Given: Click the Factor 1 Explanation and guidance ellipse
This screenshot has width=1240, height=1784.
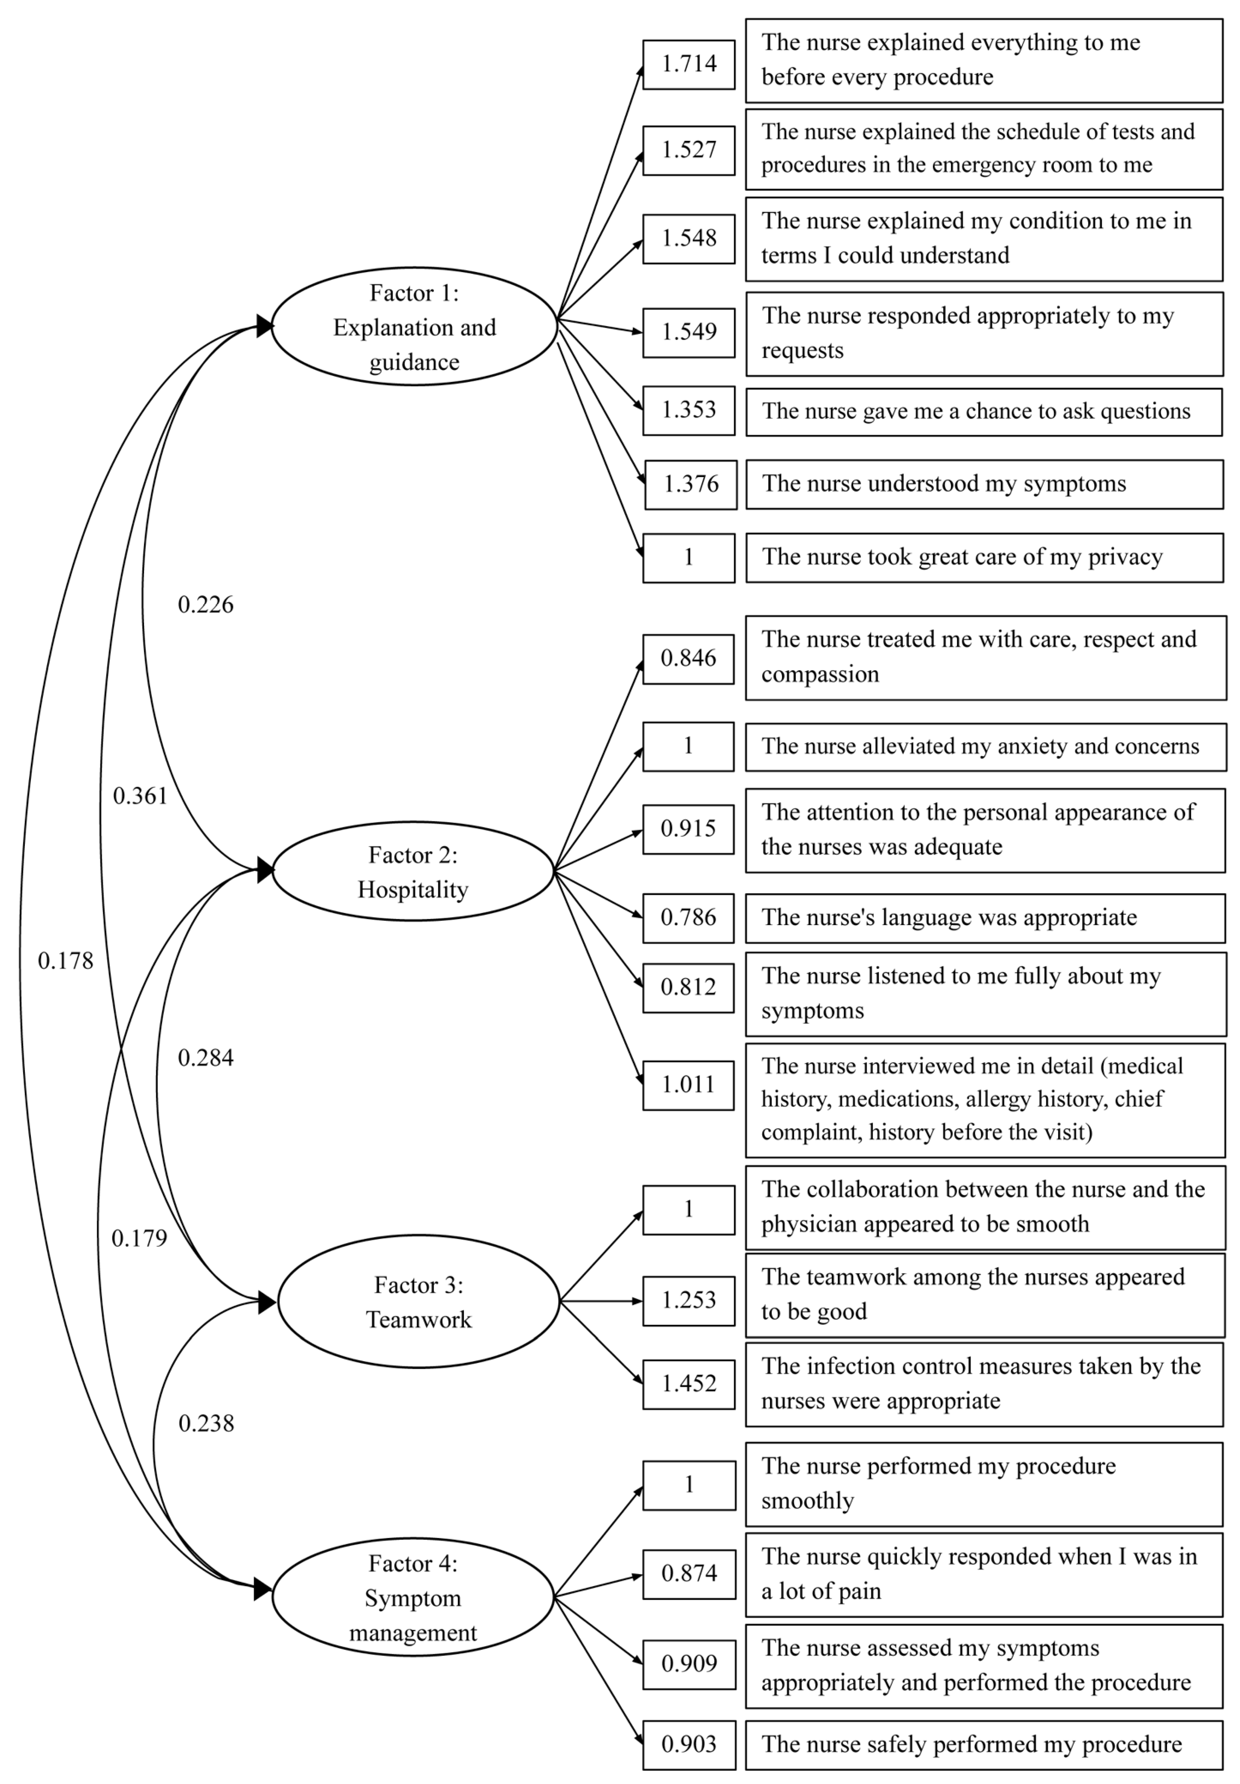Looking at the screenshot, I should tap(414, 326).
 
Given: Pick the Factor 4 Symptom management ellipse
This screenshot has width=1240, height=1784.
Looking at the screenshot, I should tap(413, 1597).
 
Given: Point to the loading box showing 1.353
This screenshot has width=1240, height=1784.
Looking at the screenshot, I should tap(688, 410).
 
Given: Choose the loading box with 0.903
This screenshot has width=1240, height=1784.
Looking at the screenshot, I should tap(688, 1744).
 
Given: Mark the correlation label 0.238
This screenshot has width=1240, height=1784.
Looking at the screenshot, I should tap(206, 1424).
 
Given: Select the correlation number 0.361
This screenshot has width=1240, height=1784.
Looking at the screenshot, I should tap(140, 796).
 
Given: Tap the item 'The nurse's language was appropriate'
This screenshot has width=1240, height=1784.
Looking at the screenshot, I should tap(985, 918).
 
